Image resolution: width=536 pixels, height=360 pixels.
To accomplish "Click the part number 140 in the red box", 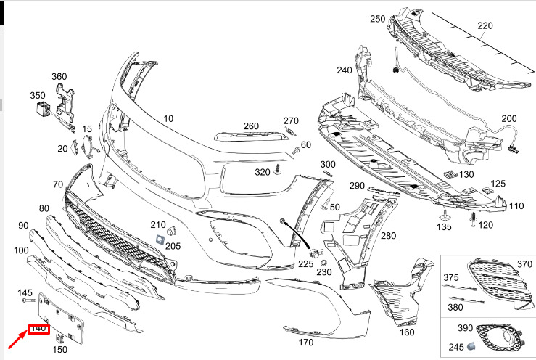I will point(38,329).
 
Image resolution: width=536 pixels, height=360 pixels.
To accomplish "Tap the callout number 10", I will point(168,118).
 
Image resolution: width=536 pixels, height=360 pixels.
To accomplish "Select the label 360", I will point(59,76).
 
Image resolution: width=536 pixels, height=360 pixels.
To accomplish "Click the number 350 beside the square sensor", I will point(37,95).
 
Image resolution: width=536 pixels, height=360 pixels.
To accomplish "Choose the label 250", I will point(377,19).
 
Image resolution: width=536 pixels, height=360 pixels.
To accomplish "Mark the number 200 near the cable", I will point(509,118).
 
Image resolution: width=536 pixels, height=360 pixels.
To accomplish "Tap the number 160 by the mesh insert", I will point(407,333).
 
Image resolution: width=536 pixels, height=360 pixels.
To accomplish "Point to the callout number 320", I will point(262,172).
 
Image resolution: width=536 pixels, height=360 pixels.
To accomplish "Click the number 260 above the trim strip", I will point(251,126).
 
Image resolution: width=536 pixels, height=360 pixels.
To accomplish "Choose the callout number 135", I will point(442,227).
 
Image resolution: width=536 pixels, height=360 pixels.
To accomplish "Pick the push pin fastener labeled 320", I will point(278,170).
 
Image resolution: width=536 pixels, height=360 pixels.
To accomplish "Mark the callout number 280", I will point(389,236).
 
